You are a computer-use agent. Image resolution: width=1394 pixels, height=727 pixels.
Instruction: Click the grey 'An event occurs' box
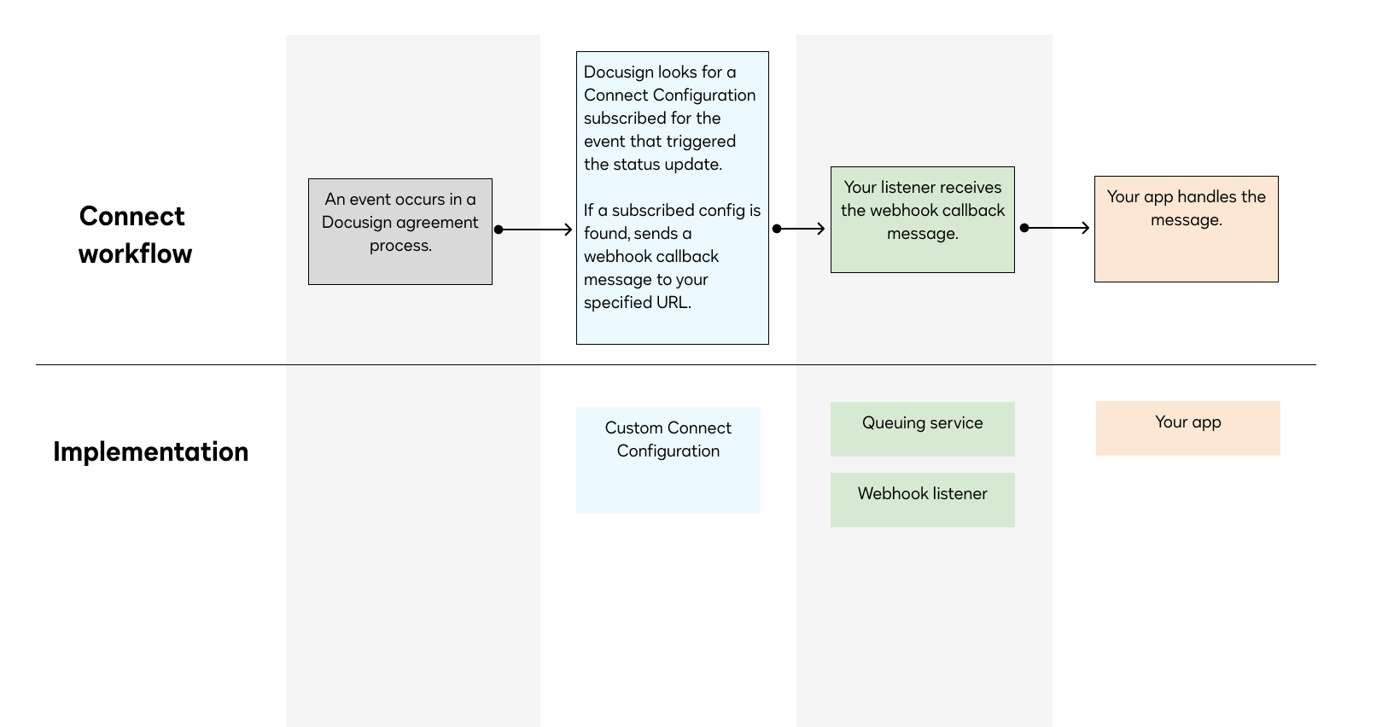pos(400,231)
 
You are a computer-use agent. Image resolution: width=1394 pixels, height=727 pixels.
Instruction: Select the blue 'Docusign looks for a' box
pos(672,198)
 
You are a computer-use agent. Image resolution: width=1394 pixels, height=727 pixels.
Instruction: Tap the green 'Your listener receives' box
pos(922,220)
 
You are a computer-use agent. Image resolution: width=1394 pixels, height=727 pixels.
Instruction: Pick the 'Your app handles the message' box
pos(1186,229)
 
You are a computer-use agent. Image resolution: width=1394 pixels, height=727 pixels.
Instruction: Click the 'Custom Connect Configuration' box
pos(668,460)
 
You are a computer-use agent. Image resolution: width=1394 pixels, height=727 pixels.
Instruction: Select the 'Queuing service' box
pos(922,429)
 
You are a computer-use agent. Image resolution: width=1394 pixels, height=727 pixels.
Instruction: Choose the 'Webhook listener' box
pos(922,500)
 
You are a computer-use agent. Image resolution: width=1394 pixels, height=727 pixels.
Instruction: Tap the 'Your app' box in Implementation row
pos(1187,428)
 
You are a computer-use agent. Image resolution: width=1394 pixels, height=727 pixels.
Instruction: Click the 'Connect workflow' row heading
pos(134,235)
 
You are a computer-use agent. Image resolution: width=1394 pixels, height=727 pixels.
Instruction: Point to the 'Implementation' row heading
pos(150,451)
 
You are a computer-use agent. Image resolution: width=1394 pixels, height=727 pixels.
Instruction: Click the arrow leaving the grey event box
pos(534,230)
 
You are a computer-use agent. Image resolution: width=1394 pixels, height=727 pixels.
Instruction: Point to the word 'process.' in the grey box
pos(400,246)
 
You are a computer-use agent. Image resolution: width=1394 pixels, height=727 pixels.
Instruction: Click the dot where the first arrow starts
pos(499,230)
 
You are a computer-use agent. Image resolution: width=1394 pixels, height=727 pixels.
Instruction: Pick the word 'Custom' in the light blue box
pos(633,427)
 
